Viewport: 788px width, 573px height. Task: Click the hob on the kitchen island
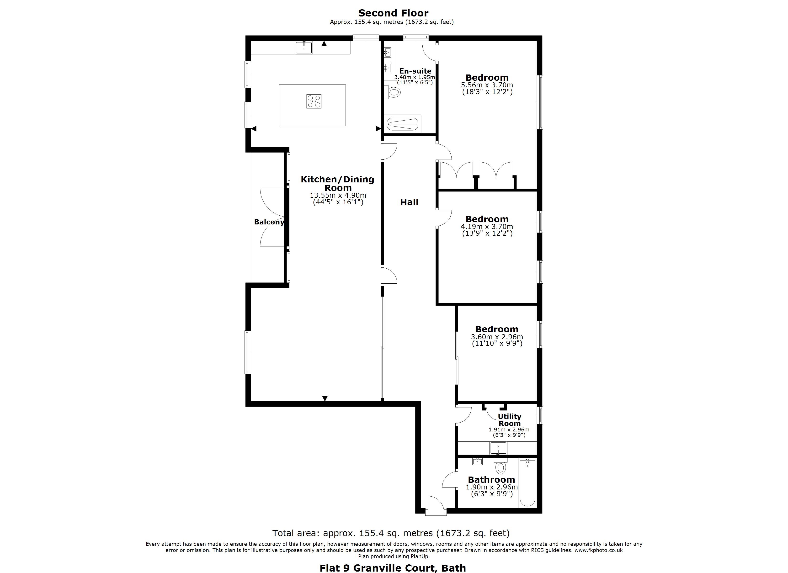(314, 101)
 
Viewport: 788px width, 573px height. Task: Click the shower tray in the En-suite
(402, 124)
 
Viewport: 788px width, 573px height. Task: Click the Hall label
(409, 202)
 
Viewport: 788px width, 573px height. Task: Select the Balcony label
(269, 222)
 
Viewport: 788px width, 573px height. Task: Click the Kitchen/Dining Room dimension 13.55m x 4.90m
(338, 196)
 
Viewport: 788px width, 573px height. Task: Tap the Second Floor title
(393, 13)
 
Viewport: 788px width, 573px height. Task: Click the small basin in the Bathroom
(477, 461)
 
